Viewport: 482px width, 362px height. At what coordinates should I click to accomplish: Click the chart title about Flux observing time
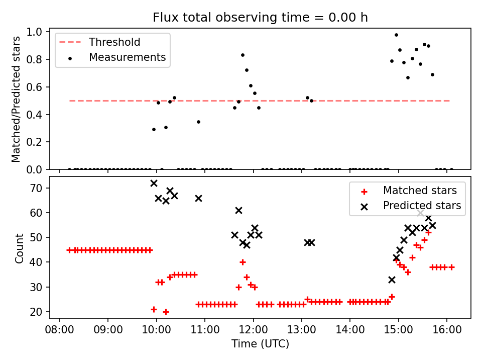pos(260,18)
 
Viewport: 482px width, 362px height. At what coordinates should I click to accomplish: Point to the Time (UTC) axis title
pos(260,344)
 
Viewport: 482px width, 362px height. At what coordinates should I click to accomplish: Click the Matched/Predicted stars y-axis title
pos(16,99)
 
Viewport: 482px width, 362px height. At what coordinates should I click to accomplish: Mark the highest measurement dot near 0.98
pos(396,35)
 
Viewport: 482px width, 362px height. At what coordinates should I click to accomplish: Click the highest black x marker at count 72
pos(154,184)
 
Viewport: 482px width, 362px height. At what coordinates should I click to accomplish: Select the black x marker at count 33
pos(392,280)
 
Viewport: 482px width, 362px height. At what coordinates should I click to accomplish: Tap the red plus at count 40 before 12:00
pos(243,262)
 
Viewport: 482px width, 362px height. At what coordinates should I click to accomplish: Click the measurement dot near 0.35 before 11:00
pos(198,122)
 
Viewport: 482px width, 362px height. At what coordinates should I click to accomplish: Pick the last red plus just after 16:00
pos(451,267)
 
